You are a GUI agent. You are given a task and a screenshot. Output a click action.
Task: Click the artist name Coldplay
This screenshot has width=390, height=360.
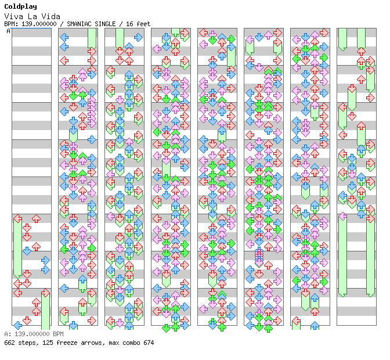click(x=21, y=7)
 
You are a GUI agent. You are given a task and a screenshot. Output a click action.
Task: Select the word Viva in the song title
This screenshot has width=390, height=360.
click(x=14, y=17)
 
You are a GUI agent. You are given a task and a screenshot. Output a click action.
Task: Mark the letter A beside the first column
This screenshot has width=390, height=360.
click(x=9, y=31)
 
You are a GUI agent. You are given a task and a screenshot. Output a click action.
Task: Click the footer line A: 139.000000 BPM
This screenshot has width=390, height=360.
click(x=34, y=334)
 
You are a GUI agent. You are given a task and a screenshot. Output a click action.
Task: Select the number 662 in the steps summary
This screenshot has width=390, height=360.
click(x=9, y=343)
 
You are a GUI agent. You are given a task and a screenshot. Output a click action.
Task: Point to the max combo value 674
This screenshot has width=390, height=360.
click(x=149, y=343)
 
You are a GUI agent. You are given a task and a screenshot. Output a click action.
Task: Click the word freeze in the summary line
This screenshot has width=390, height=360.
click(x=67, y=343)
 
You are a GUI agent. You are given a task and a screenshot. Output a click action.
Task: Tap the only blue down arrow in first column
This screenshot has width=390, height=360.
click(x=27, y=251)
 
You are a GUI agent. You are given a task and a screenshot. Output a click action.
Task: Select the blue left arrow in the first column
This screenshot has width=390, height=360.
click(x=17, y=325)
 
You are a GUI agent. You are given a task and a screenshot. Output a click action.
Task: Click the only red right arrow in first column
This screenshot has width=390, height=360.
click(x=45, y=293)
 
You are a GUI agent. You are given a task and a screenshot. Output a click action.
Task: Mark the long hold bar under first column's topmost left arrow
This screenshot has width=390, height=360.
click(x=17, y=247)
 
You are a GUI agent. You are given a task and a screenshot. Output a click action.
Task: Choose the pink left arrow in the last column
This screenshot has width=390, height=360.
click(x=343, y=216)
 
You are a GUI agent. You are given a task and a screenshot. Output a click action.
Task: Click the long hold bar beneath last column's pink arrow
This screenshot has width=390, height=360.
click(x=343, y=256)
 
